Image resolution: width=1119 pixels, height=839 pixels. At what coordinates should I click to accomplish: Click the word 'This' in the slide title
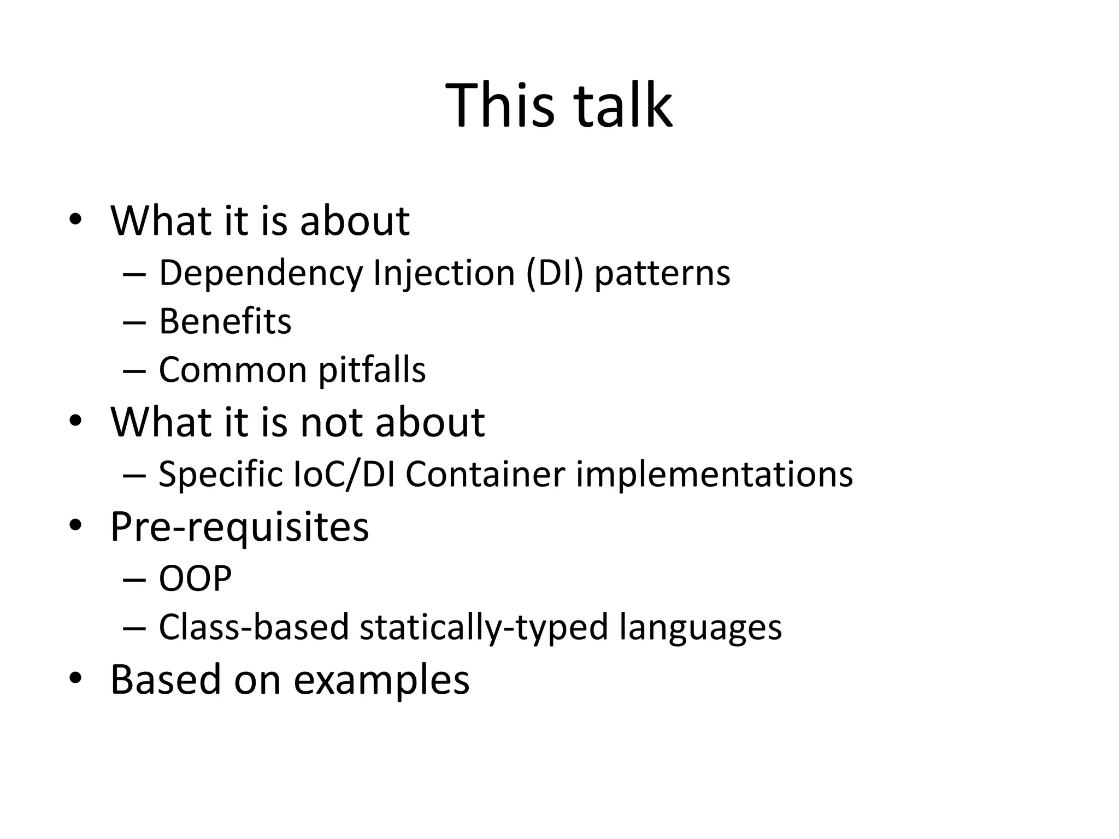pyautogui.click(x=500, y=105)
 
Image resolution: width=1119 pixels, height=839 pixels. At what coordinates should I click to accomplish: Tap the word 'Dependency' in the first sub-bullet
pyautogui.click(x=261, y=273)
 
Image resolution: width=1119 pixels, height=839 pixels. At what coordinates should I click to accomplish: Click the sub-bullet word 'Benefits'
pyautogui.click(x=225, y=321)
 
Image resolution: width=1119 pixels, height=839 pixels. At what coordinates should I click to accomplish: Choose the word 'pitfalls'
pyautogui.click(x=372, y=370)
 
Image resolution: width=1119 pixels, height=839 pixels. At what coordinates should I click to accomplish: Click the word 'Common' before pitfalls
pyautogui.click(x=233, y=370)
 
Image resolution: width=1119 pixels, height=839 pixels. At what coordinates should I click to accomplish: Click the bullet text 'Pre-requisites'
pyautogui.click(x=239, y=528)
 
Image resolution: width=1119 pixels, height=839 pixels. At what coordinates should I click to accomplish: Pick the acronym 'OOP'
pyautogui.click(x=195, y=578)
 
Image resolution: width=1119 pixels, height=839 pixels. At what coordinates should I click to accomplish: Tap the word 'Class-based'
pyautogui.click(x=254, y=627)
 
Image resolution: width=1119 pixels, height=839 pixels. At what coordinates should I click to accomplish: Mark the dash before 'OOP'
pyautogui.click(x=134, y=579)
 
